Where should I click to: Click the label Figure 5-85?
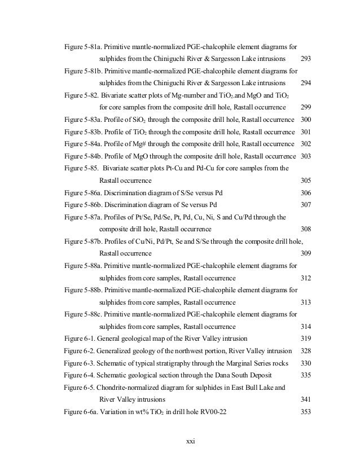coord(85,168)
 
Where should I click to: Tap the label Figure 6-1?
coord(80,338)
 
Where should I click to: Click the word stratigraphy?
coord(177,363)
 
